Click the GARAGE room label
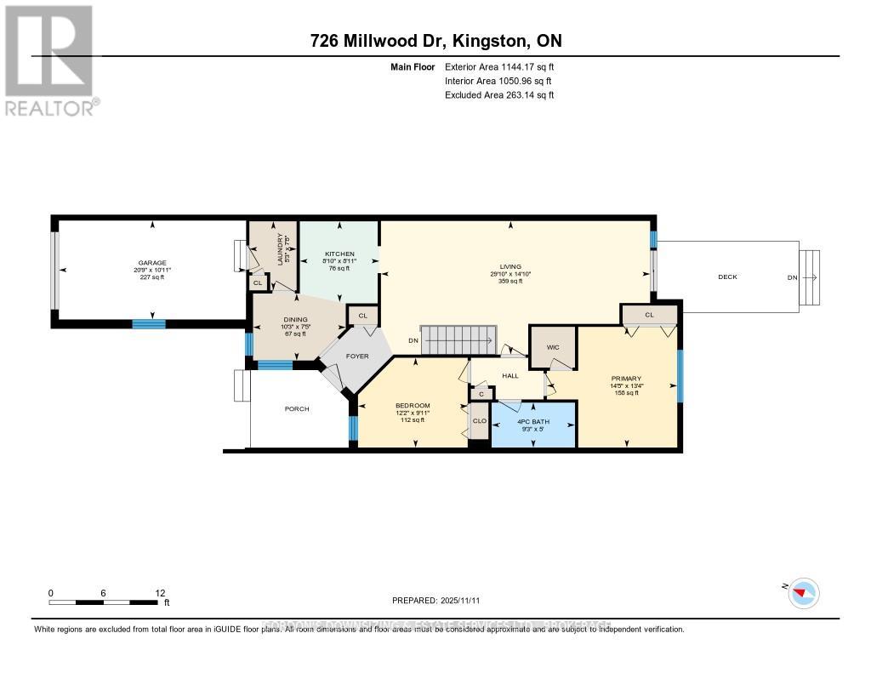[153, 263]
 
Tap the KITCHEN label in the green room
[339, 254]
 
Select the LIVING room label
[510, 266]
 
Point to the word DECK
[727, 277]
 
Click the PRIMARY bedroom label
[625, 379]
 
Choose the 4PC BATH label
[533, 423]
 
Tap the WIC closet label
[553, 347]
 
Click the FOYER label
[357, 356]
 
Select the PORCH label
[297, 408]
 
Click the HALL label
[510, 374]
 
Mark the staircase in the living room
[459, 340]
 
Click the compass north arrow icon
[803, 593]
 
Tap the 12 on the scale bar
[161, 593]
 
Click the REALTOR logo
[50, 60]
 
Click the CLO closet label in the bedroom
[479, 420]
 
